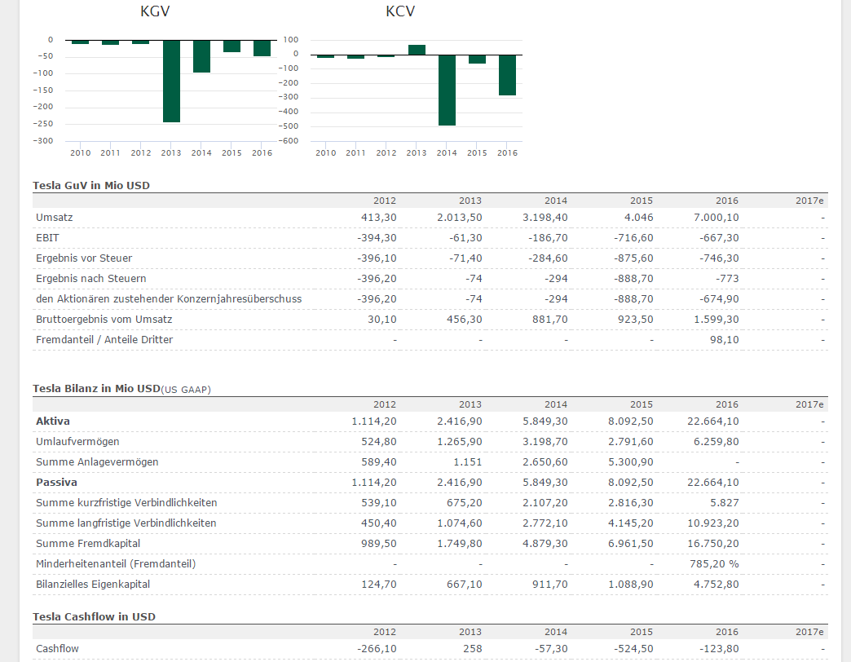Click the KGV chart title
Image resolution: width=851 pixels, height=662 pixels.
[155, 11]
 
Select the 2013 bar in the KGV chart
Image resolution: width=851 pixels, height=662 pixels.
[171, 81]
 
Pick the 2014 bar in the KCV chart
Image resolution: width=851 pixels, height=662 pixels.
[447, 90]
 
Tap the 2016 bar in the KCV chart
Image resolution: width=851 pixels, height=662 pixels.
[507, 75]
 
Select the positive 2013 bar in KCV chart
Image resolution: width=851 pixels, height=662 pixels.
[417, 50]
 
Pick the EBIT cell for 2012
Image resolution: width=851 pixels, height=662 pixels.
[377, 238]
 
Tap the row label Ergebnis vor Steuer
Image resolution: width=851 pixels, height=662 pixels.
[84, 258]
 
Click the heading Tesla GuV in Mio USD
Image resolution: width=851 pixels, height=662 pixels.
[91, 185]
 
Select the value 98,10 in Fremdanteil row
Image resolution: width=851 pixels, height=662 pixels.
[725, 340]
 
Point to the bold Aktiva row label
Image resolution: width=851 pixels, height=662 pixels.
[53, 421]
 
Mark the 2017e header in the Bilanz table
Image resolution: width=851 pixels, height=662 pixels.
[809, 404]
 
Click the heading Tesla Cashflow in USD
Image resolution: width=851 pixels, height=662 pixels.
[94, 616]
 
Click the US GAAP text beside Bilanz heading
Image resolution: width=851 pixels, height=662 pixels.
[187, 390]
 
